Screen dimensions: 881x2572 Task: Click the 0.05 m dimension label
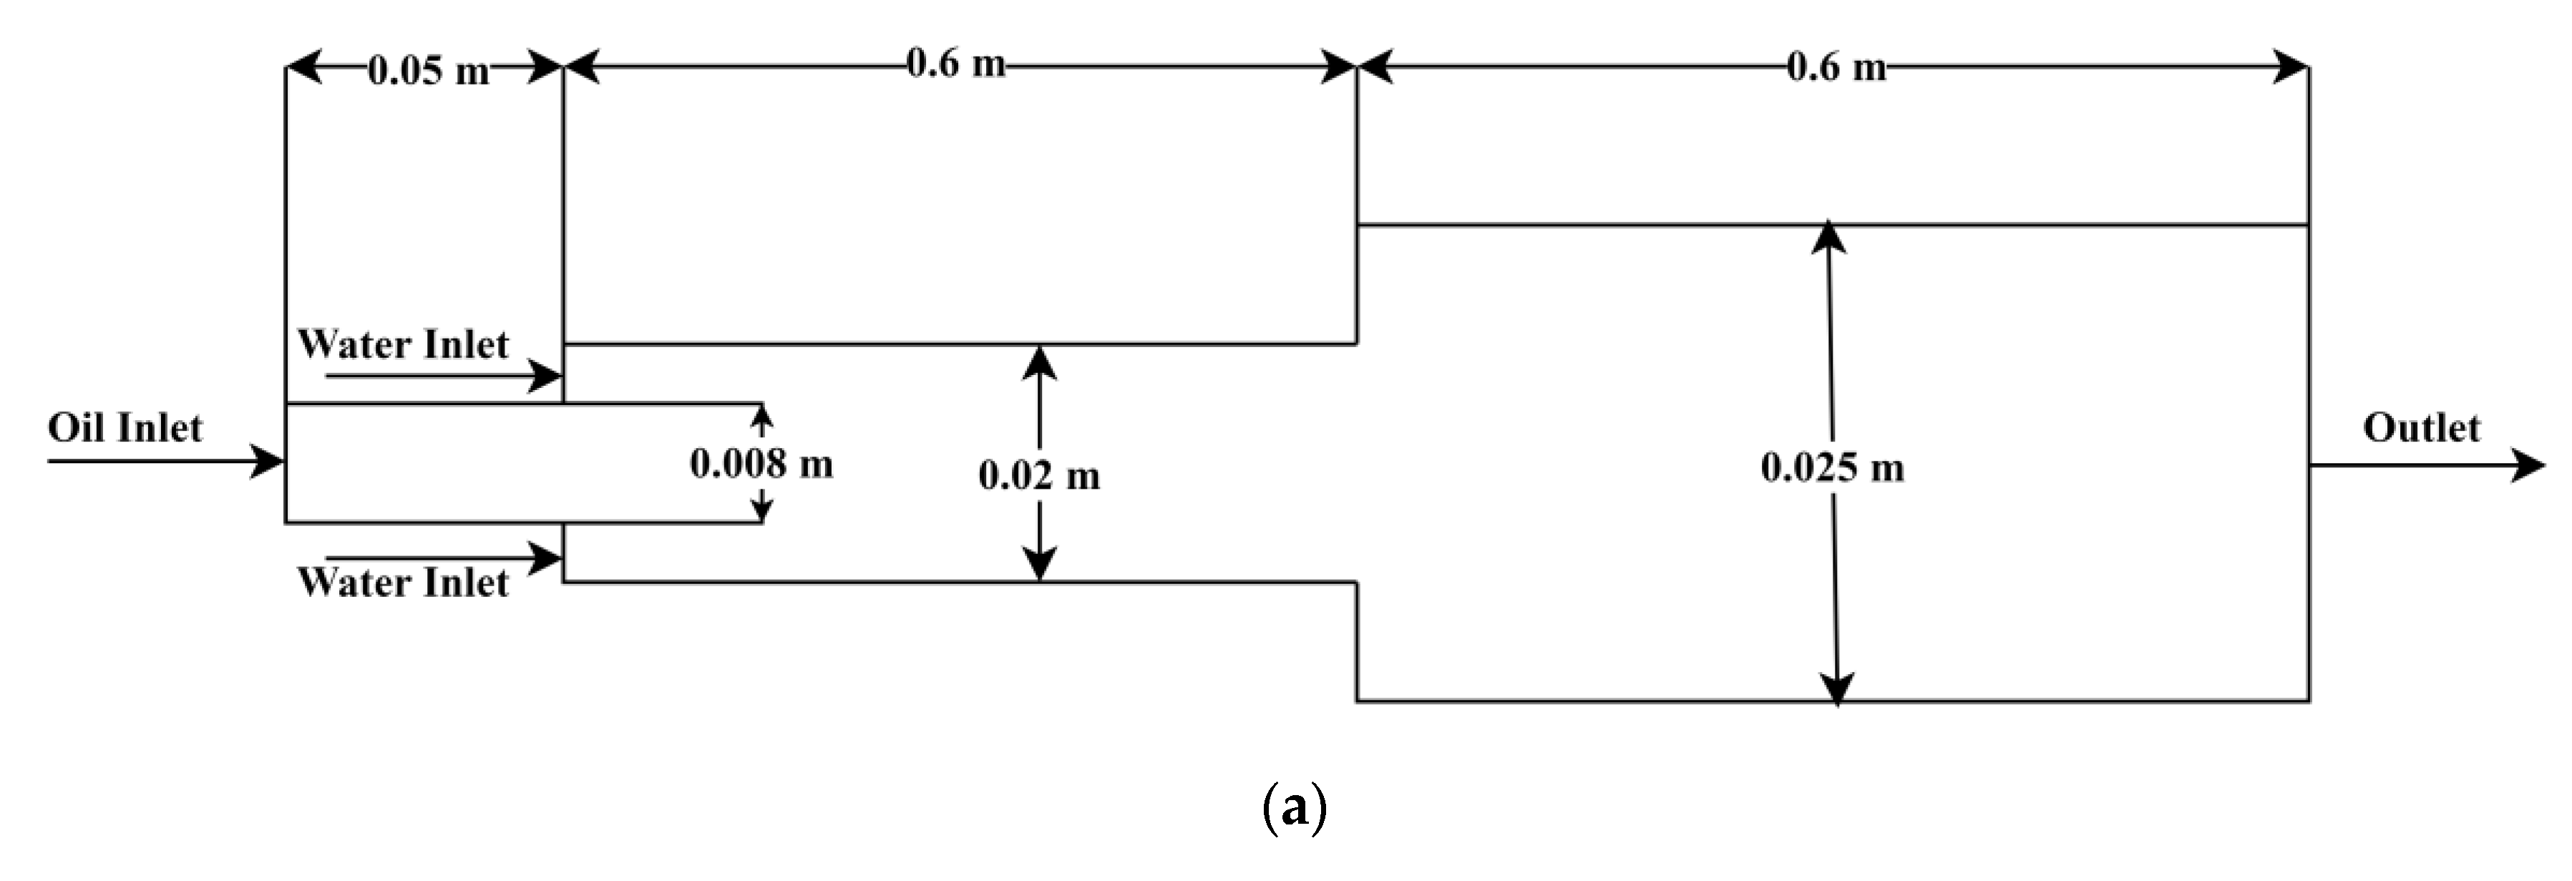click(429, 71)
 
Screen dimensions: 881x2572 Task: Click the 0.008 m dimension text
click(761, 464)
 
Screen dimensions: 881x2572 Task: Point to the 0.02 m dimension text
click(1039, 475)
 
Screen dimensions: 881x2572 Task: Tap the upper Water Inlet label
click(404, 345)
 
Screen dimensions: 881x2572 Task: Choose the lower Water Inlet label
click(404, 583)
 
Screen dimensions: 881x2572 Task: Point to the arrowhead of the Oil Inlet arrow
click(270, 462)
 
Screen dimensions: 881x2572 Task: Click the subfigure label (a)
click(1294, 807)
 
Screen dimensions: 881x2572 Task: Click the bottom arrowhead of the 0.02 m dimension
click(1039, 565)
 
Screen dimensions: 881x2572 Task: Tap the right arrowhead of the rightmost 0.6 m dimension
click(2291, 67)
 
